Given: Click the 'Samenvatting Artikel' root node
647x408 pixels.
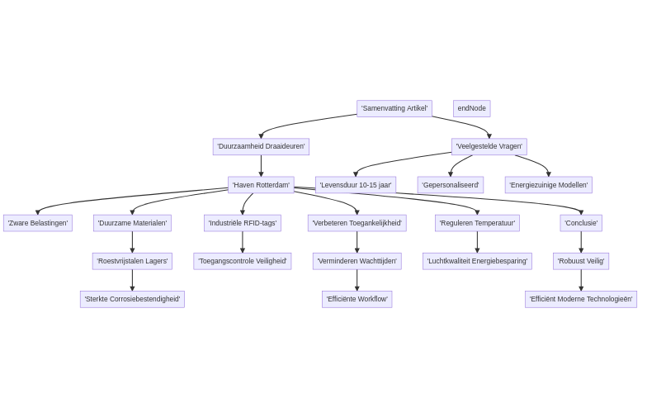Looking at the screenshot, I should click(394, 108).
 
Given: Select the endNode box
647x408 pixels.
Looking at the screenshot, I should click(471, 108).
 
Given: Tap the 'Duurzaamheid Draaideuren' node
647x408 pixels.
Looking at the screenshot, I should click(261, 147).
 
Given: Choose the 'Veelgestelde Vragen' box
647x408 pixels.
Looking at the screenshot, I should click(489, 147).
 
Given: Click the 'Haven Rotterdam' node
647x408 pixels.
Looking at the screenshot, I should click(261, 185).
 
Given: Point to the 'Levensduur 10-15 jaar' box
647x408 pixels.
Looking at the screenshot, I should click(356, 185).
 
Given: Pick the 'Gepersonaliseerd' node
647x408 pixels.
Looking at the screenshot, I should click(450, 185).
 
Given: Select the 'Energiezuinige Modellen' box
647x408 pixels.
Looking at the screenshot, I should click(548, 185).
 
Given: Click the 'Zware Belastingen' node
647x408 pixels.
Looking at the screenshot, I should click(38, 223).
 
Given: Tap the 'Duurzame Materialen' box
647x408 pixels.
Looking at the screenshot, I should click(132, 223).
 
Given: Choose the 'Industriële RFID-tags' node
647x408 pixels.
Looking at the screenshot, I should click(243, 223).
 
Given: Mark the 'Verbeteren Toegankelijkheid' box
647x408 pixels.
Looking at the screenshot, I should click(357, 223).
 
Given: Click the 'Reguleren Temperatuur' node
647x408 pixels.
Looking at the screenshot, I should click(477, 223).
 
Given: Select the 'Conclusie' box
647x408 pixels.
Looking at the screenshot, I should click(581, 223).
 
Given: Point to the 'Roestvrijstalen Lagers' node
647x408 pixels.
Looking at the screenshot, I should click(132, 261).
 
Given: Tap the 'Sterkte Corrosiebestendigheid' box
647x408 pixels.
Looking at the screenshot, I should click(132, 299).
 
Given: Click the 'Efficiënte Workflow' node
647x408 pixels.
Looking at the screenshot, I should click(357, 299).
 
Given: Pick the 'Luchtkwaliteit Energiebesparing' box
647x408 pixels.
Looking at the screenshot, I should click(477, 261).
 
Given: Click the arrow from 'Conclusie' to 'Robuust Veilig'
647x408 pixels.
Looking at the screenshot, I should click(581, 242).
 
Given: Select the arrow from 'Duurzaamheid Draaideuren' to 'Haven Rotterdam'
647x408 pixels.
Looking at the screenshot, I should click(261, 166).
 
